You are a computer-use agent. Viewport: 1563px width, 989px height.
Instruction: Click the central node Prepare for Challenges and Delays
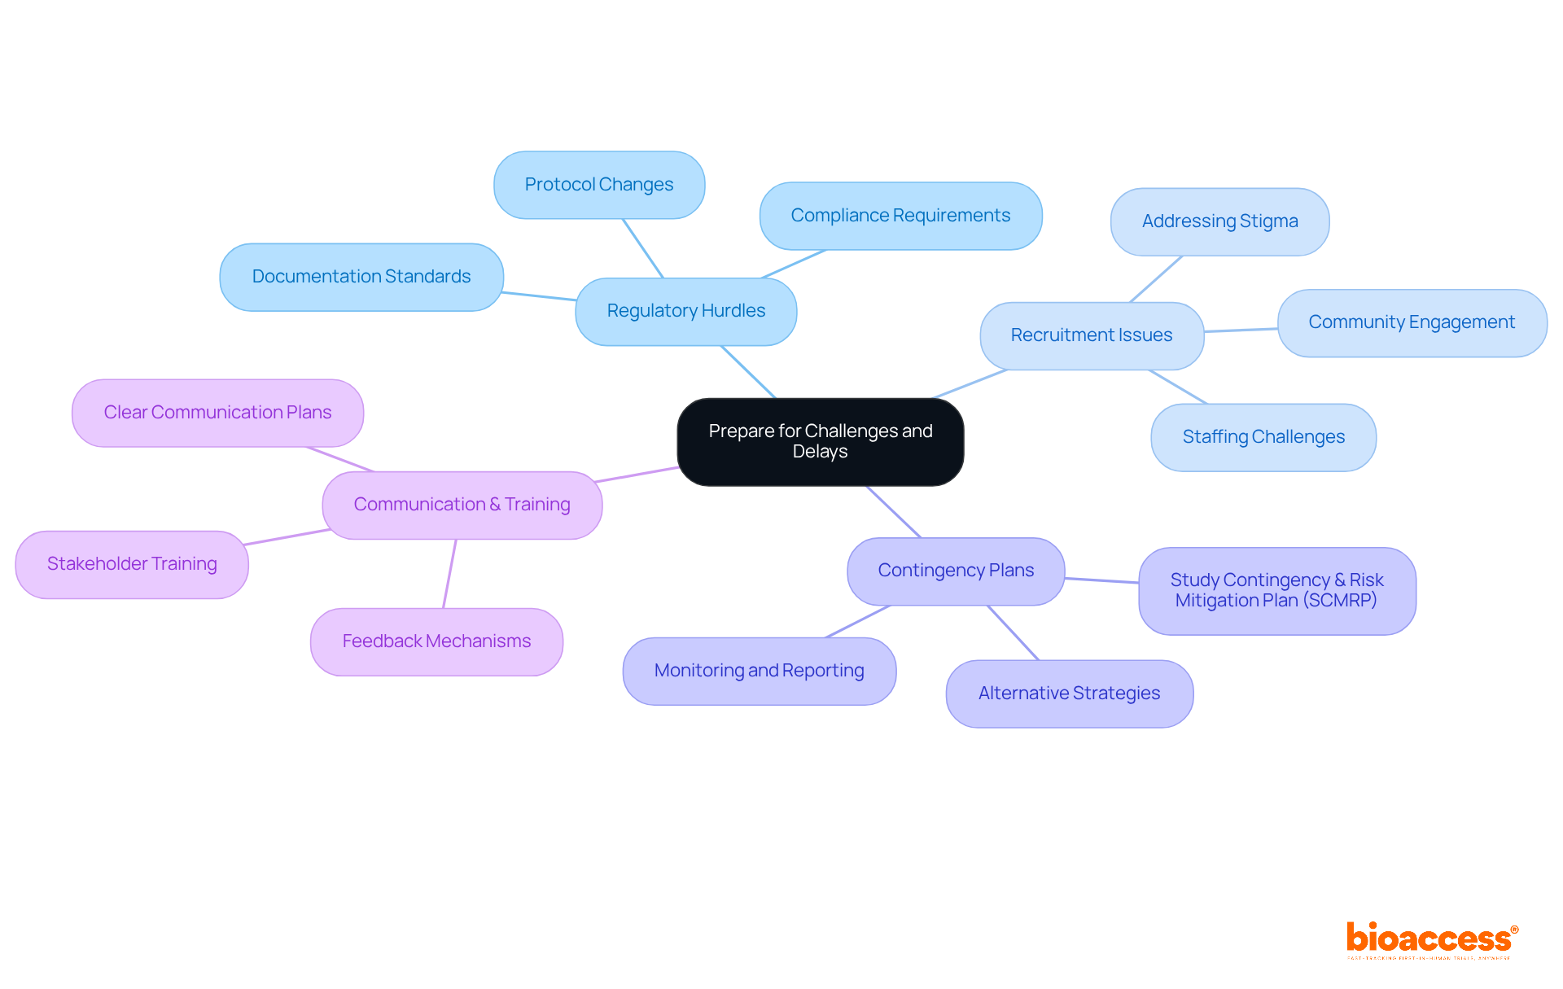point(820,441)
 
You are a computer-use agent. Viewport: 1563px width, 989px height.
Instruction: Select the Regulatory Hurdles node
point(685,311)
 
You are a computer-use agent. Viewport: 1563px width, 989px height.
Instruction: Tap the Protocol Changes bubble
point(598,185)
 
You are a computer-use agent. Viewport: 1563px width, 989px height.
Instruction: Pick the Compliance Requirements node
point(900,216)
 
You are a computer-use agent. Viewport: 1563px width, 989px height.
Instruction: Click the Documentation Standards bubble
point(361,277)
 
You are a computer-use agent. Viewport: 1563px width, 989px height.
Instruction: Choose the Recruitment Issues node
point(1091,335)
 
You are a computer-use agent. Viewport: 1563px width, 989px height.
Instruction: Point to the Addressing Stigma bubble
point(1219,221)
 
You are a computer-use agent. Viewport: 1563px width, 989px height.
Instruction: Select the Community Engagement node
point(1411,322)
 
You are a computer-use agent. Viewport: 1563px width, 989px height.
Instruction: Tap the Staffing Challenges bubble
point(1263,437)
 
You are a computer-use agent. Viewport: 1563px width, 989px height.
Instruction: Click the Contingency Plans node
point(955,571)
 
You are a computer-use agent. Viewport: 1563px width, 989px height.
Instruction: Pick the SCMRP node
point(1276,590)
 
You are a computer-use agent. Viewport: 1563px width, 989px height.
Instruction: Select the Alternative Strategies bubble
point(1069,694)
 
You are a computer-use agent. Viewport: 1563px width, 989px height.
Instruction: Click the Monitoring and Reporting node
point(759,671)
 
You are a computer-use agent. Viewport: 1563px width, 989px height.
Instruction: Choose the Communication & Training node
point(462,505)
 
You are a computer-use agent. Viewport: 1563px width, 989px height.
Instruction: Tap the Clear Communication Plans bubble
point(217,413)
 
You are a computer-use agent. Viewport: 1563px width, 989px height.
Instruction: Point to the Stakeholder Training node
point(132,564)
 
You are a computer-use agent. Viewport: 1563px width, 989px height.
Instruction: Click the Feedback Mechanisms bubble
point(436,641)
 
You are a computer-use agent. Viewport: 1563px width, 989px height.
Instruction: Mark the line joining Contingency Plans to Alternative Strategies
point(1013,632)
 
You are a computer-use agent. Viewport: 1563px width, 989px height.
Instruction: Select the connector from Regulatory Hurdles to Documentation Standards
point(539,296)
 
